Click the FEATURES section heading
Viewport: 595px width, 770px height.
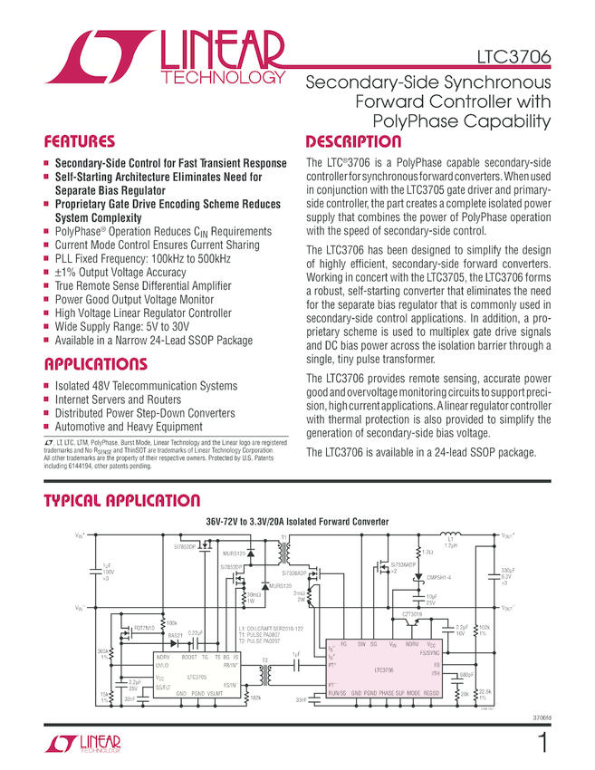[x=80, y=142]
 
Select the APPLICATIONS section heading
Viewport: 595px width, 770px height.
[x=95, y=364]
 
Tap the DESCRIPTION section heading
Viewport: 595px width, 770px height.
[x=352, y=142]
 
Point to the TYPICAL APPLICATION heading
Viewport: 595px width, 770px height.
[x=121, y=501]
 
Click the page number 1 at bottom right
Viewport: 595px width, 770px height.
[x=542, y=745]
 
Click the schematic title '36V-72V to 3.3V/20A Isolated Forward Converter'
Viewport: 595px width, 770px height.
[x=297, y=523]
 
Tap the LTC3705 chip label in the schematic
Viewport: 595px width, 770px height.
[x=197, y=676]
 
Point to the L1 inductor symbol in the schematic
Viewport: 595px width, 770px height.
[x=449, y=536]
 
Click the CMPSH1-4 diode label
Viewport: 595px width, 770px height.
[x=438, y=577]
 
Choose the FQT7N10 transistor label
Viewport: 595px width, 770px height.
[x=145, y=627]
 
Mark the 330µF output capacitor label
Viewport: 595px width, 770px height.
[x=507, y=572]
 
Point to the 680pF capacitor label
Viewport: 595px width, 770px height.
[x=467, y=674]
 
